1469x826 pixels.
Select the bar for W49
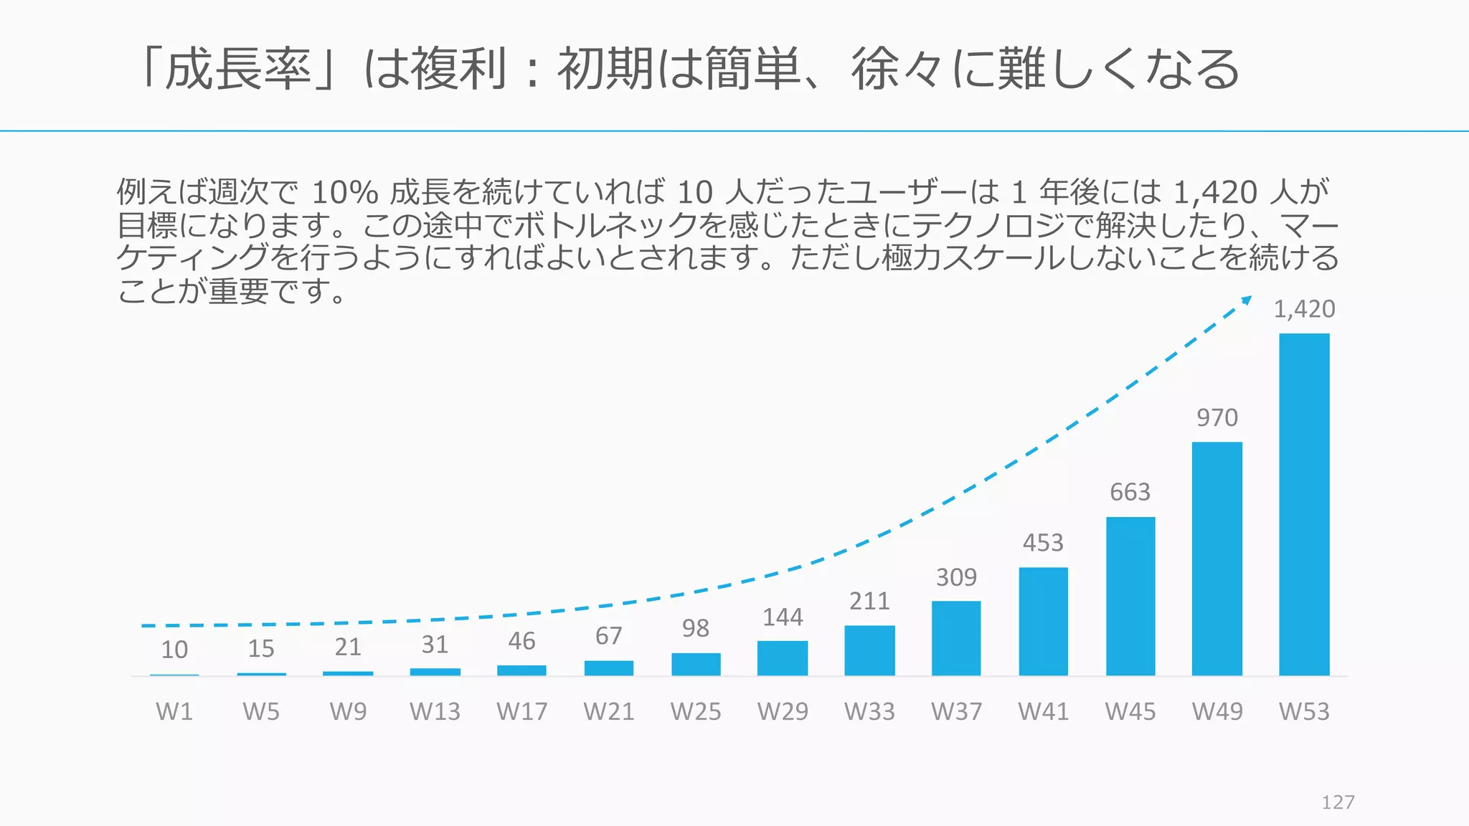click(1217, 559)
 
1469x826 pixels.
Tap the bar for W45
click(1130, 596)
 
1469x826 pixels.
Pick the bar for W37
click(956, 638)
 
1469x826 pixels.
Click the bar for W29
click(783, 658)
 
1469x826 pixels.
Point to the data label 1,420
click(1304, 309)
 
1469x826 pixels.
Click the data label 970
click(1217, 417)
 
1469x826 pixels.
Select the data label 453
click(1043, 543)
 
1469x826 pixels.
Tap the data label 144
click(783, 617)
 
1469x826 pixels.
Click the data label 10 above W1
click(174, 650)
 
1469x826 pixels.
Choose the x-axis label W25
click(696, 711)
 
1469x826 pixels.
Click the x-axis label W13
click(435, 711)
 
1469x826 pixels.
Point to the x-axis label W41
click(1043, 711)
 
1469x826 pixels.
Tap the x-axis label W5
click(261, 711)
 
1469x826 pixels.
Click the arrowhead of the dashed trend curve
click(1247, 300)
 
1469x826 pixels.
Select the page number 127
click(1338, 802)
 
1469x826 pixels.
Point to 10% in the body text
click(344, 192)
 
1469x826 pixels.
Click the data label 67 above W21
click(609, 636)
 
